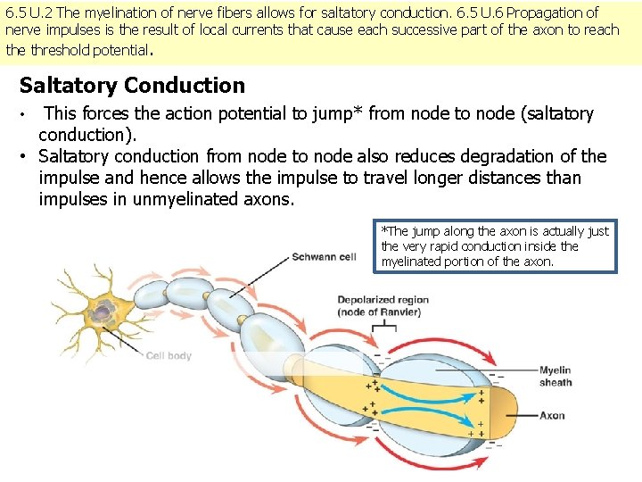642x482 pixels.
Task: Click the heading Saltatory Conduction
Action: pyautogui.click(x=132, y=86)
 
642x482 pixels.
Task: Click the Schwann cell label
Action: pyautogui.click(x=324, y=257)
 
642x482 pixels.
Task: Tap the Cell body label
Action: pyautogui.click(x=169, y=355)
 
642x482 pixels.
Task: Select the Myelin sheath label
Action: pyautogui.click(x=556, y=376)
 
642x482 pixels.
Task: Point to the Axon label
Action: pyautogui.click(x=552, y=415)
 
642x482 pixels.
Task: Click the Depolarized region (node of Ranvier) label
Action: pyautogui.click(x=383, y=305)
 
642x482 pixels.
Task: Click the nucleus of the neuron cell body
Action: pyautogui.click(x=105, y=311)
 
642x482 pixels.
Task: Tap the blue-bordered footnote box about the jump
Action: pyautogui.click(x=495, y=245)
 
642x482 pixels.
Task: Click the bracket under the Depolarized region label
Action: pyautogui.click(x=383, y=328)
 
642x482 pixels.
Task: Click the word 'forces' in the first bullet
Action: pyautogui.click(x=109, y=113)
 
